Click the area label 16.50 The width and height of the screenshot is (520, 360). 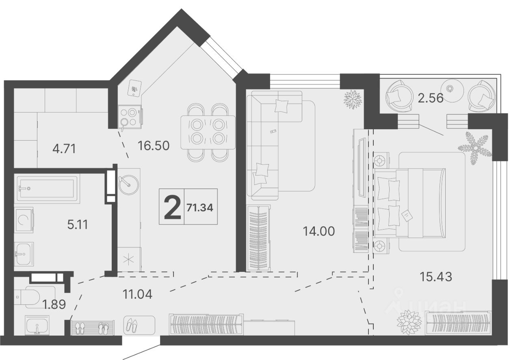154,145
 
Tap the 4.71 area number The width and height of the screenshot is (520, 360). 64,149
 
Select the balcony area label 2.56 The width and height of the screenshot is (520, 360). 431,98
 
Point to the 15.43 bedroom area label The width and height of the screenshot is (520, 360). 436,277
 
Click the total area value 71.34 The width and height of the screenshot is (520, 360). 200,207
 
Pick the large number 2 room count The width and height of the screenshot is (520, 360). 172,207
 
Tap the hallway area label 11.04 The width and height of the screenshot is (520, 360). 137,294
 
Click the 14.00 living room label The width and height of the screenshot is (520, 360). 319,231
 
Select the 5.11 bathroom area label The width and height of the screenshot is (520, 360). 78,225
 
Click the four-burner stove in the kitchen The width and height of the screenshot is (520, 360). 130,117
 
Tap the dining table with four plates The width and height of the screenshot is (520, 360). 208,132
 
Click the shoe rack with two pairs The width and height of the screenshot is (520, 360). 92,328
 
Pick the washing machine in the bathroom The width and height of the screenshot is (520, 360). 24,220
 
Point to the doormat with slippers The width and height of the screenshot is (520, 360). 139,325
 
